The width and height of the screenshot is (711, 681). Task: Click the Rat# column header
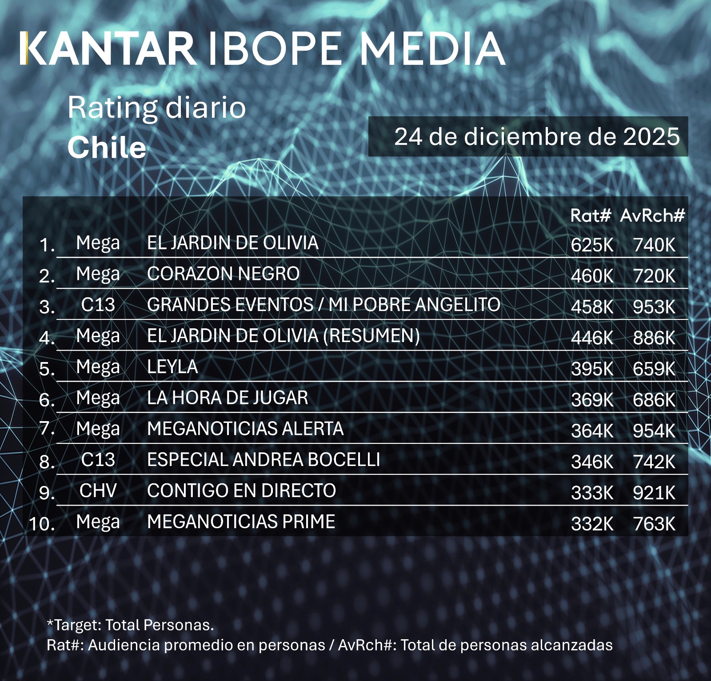pyautogui.click(x=591, y=216)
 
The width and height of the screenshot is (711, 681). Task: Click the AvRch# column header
pyautogui.click(x=652, y=216)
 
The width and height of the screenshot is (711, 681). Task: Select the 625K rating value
pyautogui.click(x=592, y=245)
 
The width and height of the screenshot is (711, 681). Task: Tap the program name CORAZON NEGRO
pyautogui.click(x=223, y=274)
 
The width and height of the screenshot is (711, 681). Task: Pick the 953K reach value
pyautogui.click(x=654, y=307)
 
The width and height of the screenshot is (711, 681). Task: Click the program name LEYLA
pyautogui.click(x=172, y=367)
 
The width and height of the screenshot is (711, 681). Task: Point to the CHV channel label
pyautogui.click(x=98, y=491)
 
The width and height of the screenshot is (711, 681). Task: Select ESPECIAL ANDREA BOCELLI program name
pyautogui.click(x=264, y=460)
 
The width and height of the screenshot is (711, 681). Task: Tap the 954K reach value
pyautogui.click(x=654, y=431)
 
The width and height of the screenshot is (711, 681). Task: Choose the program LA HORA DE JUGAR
pyautogui.click(x=228, y=398)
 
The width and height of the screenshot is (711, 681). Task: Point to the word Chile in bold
pyautogui.click(x=107, y=147)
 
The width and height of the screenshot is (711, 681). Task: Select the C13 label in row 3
pyautogui.click(x=98, y=305)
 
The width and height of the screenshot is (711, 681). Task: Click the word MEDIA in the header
pyautogui.click(x=432, y=48)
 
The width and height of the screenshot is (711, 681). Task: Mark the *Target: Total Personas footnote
pyautogui.click(x=130, y=625)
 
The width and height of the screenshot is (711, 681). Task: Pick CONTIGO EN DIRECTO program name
pyautogui.click(x=241, y=491)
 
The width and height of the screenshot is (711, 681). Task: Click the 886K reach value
pyautogui.click(x=654, y=338)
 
